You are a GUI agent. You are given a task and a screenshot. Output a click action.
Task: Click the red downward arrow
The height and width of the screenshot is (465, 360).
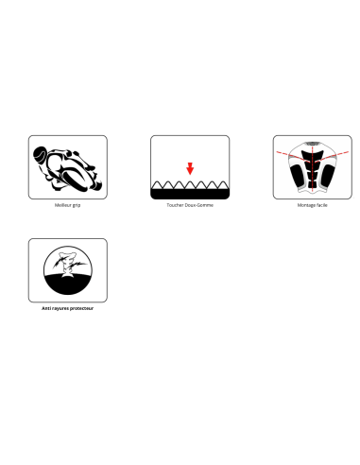coord(190,168)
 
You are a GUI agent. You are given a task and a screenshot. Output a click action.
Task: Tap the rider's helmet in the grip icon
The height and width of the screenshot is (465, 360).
coord(40,154)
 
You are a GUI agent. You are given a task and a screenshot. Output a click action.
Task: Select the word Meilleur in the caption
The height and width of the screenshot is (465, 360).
coord(62,205)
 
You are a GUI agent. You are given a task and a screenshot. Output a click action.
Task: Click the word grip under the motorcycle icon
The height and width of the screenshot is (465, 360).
coord(77,205)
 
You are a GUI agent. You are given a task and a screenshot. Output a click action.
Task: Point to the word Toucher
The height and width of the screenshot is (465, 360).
coord(175,205)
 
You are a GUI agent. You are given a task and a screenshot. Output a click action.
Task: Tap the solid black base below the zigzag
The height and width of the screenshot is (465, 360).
coord(190,194)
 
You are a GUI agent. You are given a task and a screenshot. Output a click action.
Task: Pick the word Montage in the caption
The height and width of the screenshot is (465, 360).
coord(306,205)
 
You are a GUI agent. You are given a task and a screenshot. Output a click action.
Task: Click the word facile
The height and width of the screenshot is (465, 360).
coord(322,205)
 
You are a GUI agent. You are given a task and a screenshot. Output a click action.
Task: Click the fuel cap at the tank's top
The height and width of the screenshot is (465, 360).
coord(312,144)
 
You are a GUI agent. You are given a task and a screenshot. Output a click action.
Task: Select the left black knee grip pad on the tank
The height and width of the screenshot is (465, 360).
coord(298,176)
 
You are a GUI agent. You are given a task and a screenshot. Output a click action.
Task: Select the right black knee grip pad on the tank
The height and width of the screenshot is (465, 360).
coord(327,176)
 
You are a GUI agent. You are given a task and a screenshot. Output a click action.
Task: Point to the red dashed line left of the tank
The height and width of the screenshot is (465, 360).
coord(293,157)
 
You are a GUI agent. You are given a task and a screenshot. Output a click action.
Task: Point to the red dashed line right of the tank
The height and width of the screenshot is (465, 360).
coord(332,157)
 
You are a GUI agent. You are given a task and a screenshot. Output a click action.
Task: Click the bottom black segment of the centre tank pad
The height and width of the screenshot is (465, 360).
coord(312,184)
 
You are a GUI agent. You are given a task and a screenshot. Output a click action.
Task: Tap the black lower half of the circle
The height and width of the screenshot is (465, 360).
coord(68,284)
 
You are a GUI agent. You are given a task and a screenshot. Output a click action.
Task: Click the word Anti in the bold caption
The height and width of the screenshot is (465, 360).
coord(46,308)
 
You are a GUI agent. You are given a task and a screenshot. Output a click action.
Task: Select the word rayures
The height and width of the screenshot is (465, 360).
coord(60,309)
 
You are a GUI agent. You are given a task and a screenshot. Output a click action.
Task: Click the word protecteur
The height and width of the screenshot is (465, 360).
coord(81,309)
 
